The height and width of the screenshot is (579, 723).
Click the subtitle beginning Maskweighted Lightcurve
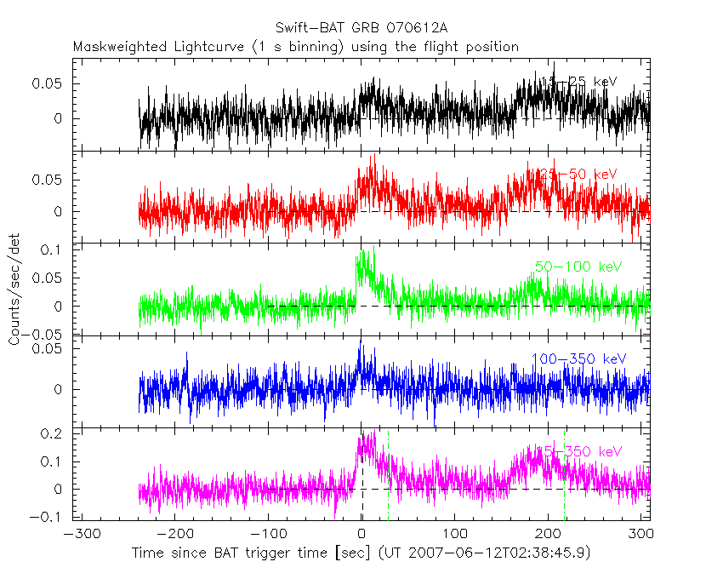tap(296, 48)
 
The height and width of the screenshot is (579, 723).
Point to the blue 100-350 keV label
tap(578, 359)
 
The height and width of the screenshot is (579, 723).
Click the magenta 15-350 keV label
tap(578, 450)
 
